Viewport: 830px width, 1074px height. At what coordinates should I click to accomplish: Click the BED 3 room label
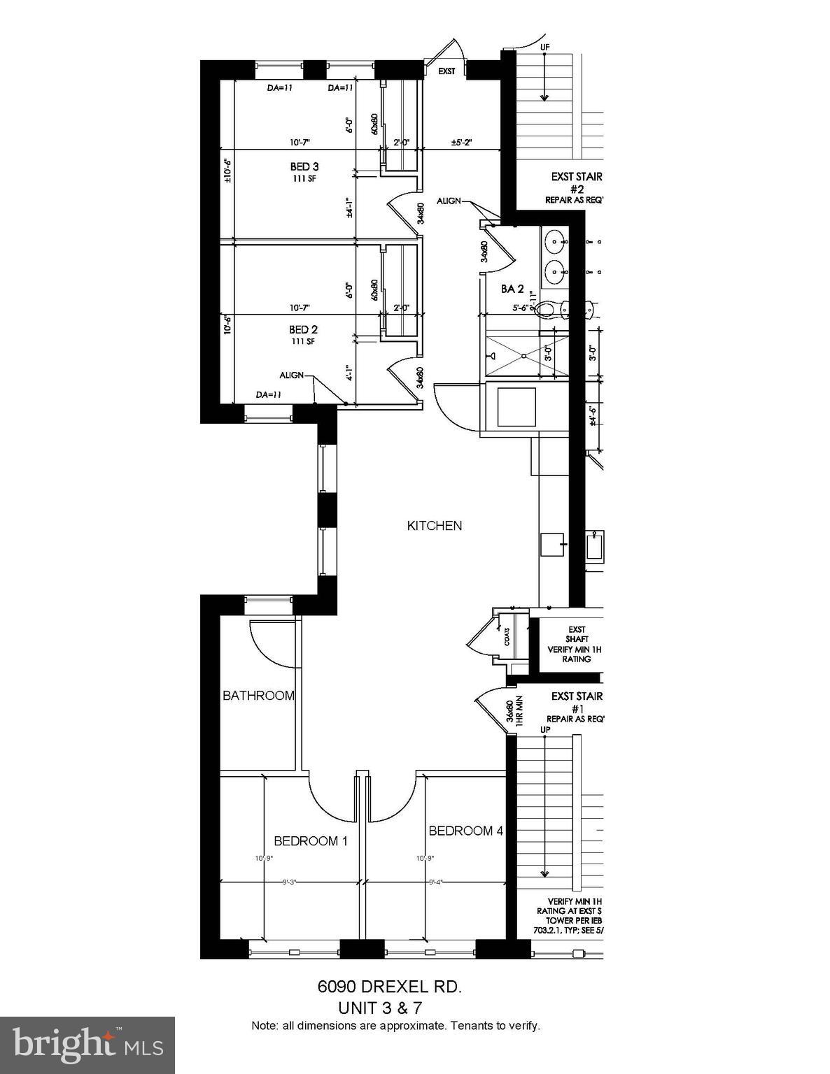pyautogui.click(x=304, y=166)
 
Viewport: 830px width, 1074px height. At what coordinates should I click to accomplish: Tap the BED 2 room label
pyautogui.click(x=304, y=329)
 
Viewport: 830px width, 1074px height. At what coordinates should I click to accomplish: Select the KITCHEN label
pyautogui.click(x=435, y=526)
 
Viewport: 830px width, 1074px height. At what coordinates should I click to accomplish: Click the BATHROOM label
pyautogui.click(x=258, y=696)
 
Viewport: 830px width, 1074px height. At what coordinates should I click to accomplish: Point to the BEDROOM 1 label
pyautogui.click(x=310, y=841)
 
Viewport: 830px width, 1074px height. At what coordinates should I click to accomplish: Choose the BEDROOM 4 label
pyautogui.click(x=465, y=831)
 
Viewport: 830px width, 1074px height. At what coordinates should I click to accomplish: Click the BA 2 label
pyautogui.click(x=512, y=289)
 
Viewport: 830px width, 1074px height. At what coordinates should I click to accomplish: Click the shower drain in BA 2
pyautogui.click(x=523, y=356)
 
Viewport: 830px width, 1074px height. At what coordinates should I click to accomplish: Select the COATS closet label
pyautogui.click(x=506, y=636)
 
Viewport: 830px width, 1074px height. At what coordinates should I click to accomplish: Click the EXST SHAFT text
pyautogui.click(x=577, y=634)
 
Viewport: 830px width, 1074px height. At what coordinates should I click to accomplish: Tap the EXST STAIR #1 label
pyautogui.click(x=576, y=701)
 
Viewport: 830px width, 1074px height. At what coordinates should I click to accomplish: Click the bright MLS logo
pyautogui.click(x=87, y=1045)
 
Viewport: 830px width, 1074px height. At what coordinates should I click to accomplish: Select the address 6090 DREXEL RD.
pyautogui.click(x=390, y=987)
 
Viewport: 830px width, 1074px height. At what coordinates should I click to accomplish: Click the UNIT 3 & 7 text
pyautogui.click(x=380, y=1008)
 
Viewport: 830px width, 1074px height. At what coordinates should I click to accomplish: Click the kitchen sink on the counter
pyautogui.click(x=553, y=544)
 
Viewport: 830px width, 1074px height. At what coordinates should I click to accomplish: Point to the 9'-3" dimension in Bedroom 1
pyautogui.click(x=290, y=882)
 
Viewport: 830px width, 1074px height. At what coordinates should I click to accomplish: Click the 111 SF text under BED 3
pyautogui.click(x=304, y=179)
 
